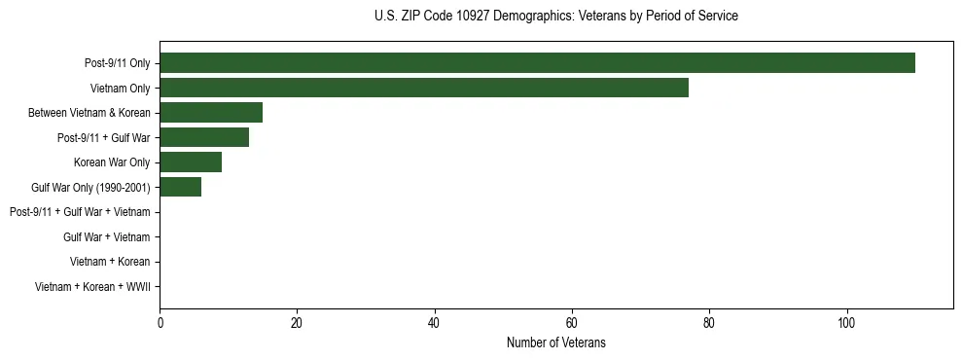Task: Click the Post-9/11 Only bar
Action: (x=537, y=63)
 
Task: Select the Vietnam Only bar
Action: (x=424, y=88)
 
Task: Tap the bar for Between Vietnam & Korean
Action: (x=211, y=113)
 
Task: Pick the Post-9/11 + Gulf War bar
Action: (x=204, y=137)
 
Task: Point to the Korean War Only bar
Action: (x=191, y=162)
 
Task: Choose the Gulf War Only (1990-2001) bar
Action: (x=181, y=187)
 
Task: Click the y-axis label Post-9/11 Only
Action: (x=117, y=63)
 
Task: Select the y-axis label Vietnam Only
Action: (x=121, y=88)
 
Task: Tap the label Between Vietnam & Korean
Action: (x=89, y=113)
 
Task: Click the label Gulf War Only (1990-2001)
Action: (x=90, y=187)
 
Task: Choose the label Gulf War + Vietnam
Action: (x=107, y=236)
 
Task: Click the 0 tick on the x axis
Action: (x=160, y=323)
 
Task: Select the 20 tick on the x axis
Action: (x=297, y=323)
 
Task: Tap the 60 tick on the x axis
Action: (x=572, y=323)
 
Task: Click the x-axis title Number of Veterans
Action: (x=555, y=342)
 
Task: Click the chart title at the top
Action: (x=555, y=17)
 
